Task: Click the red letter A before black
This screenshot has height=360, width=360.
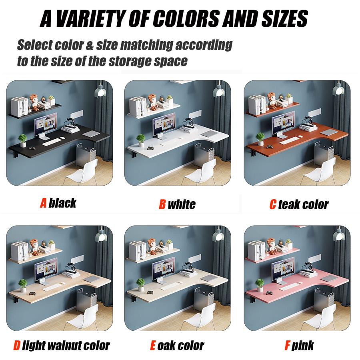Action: pos(43,203)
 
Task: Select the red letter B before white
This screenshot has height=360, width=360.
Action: pos(162,204)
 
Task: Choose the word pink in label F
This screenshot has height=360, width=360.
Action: pos(303,346)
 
